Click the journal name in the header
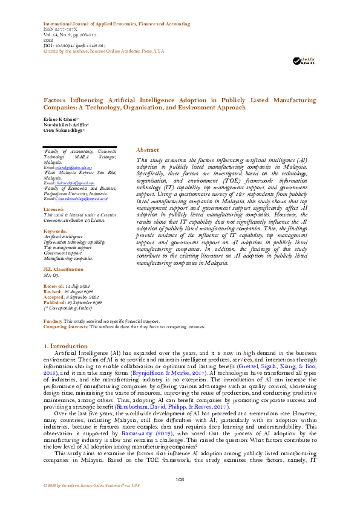point(114,24)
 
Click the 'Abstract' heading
point(148,149)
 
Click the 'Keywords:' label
point(54,232)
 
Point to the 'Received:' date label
point(54,286)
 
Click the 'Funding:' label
point(53,320)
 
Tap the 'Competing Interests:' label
point(66,326)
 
